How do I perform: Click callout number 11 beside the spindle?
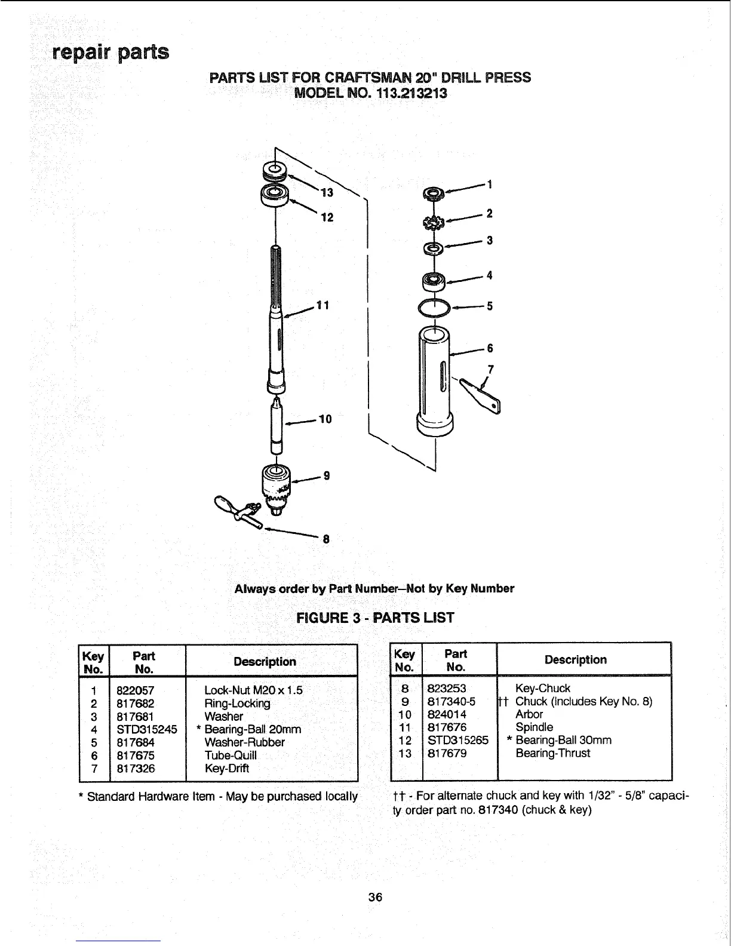(x=323, y=305)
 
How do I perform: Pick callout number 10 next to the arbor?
(x=325, y=419)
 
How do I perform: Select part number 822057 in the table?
(x=135, y=690)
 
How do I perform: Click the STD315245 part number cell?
(x=147, y=729)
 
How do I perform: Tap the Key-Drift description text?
(x=227, y=769)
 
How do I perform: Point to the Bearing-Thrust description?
(x=552, y=753)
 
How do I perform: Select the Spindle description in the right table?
(x=534, y=727)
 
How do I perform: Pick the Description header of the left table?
(x=265, y=662)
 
